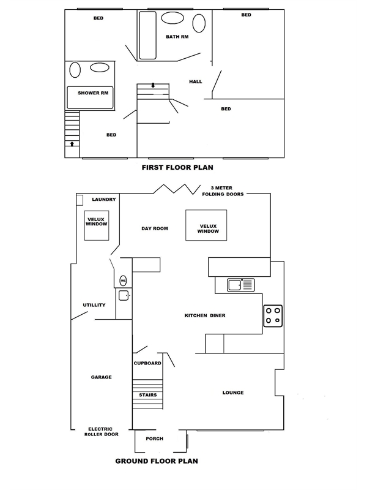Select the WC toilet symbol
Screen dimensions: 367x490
click(123, 281)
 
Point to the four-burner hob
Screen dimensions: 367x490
click(273, 315)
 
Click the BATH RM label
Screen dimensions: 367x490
click(177, 37)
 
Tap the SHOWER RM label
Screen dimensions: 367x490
click(92, 93)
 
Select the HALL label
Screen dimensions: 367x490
click(195, 81)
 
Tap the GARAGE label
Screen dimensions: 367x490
click(101, 377)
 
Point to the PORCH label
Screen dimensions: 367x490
click(154, 439)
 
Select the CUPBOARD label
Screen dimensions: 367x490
click(147, 363)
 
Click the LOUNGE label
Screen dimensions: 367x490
click(234, 393)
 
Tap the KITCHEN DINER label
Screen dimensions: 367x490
click(206, 316)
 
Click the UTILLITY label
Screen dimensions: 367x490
click(95, 304)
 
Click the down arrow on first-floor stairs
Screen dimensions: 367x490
click(152, 86)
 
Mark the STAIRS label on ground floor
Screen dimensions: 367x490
click(147, 395)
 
